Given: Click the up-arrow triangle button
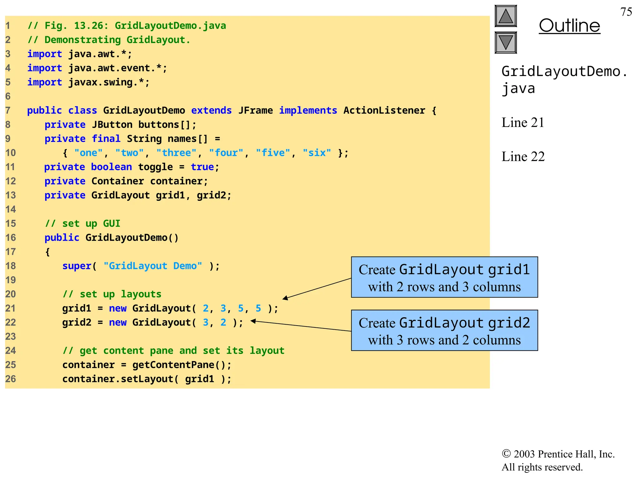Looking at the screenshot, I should point(505,16).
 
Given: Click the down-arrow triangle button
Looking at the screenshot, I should point(505,42).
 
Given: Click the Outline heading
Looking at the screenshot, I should point(569,26).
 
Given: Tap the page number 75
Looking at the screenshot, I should point(626,12).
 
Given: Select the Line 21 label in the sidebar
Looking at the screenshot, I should point(523,123).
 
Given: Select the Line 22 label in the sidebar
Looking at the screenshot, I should point(523,157).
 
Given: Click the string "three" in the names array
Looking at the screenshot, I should point(177,153).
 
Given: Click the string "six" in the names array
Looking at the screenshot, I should point(317,153).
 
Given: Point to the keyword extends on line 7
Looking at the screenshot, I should point(211,110).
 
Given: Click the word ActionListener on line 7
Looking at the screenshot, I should point(384,110).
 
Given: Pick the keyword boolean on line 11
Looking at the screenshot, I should point(111,167).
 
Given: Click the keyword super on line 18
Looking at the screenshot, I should point(77,266).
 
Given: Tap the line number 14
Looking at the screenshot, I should point(11,209).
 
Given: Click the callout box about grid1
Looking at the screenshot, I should point(444,277).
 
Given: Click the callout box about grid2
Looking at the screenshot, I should point(444,331).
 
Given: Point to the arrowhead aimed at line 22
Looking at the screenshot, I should point(253,321).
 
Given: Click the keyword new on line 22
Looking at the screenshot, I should point(118,322).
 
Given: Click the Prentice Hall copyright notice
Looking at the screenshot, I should point(558,460).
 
